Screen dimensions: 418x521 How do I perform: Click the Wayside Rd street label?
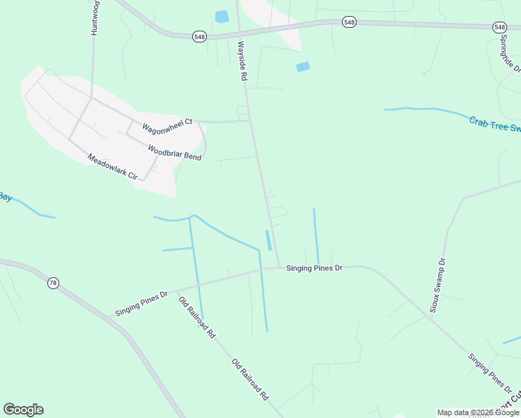pyautogui.click(x=242, y=61)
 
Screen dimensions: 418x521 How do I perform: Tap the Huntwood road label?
pyautogui.click(x=94, y=18)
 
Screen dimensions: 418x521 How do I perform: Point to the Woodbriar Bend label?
pyautogui.click(x=174, y=152)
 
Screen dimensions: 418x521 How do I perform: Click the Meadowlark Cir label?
pyautogui.click(x=112, y=167)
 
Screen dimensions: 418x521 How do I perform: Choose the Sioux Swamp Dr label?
pyautogui.click(x=437, y=286)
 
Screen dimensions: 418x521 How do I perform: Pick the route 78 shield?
pyautogui.click(x=53, y=283)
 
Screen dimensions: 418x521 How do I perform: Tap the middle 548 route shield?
pyautogui.click(x=349, y=23)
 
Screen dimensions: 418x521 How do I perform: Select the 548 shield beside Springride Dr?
pyautogui.click(x=499, y=27)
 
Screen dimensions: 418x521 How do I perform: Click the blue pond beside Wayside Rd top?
pyautogui.click(x=222, y=17)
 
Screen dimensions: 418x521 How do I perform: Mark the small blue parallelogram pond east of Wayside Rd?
pyautogui.click(x=303, y=67)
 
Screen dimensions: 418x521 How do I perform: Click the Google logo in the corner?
pyautogui.click(x=23, y=410)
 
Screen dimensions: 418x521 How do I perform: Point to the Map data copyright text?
pyautogui.click(x=478, y=412)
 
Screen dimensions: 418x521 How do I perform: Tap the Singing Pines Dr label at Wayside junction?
pyautogui.click(x=315, y=268)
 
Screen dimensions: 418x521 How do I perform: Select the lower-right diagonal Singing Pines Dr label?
pyautogui.click(x=491, y=373)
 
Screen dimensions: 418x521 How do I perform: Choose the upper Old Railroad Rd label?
pyautogui.click(x=197, y=318)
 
